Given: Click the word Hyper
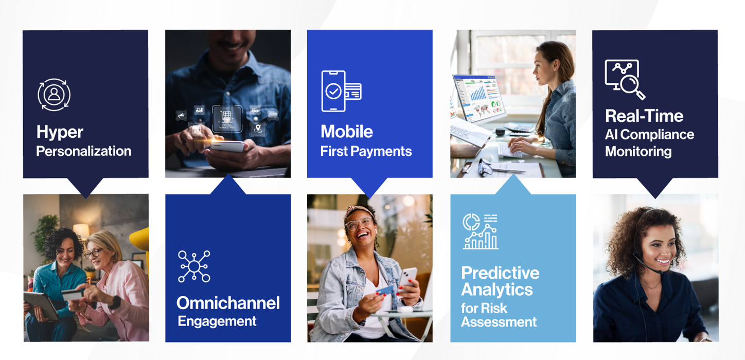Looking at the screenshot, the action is (60, 132).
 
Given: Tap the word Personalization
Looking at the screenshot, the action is (84, 151).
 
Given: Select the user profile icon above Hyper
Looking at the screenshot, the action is (54, 95).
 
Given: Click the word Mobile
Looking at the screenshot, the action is (347, 131).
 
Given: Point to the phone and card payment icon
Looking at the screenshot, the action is (341, 91).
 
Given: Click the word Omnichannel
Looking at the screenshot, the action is (228, 303).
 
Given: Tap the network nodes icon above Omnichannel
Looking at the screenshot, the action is (194, 266).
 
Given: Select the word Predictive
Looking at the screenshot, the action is (500, 273).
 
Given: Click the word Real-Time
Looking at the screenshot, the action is (644, 116).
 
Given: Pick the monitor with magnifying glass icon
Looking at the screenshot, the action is (625, 80).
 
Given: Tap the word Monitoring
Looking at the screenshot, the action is (638, 152).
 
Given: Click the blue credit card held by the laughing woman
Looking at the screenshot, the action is (385, 291).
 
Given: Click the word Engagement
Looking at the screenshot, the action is (217, 321).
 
